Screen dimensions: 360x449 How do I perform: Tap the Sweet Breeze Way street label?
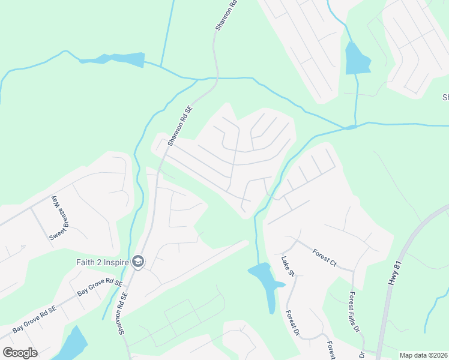point(56,217)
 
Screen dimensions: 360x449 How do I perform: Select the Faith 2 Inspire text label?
point(103,261)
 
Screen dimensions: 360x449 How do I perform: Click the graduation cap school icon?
point(138,261)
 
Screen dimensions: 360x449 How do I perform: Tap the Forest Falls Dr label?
point(354,312)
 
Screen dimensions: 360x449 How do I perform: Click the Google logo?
point(20,352)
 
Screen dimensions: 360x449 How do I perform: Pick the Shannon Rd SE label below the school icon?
point(123,313)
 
